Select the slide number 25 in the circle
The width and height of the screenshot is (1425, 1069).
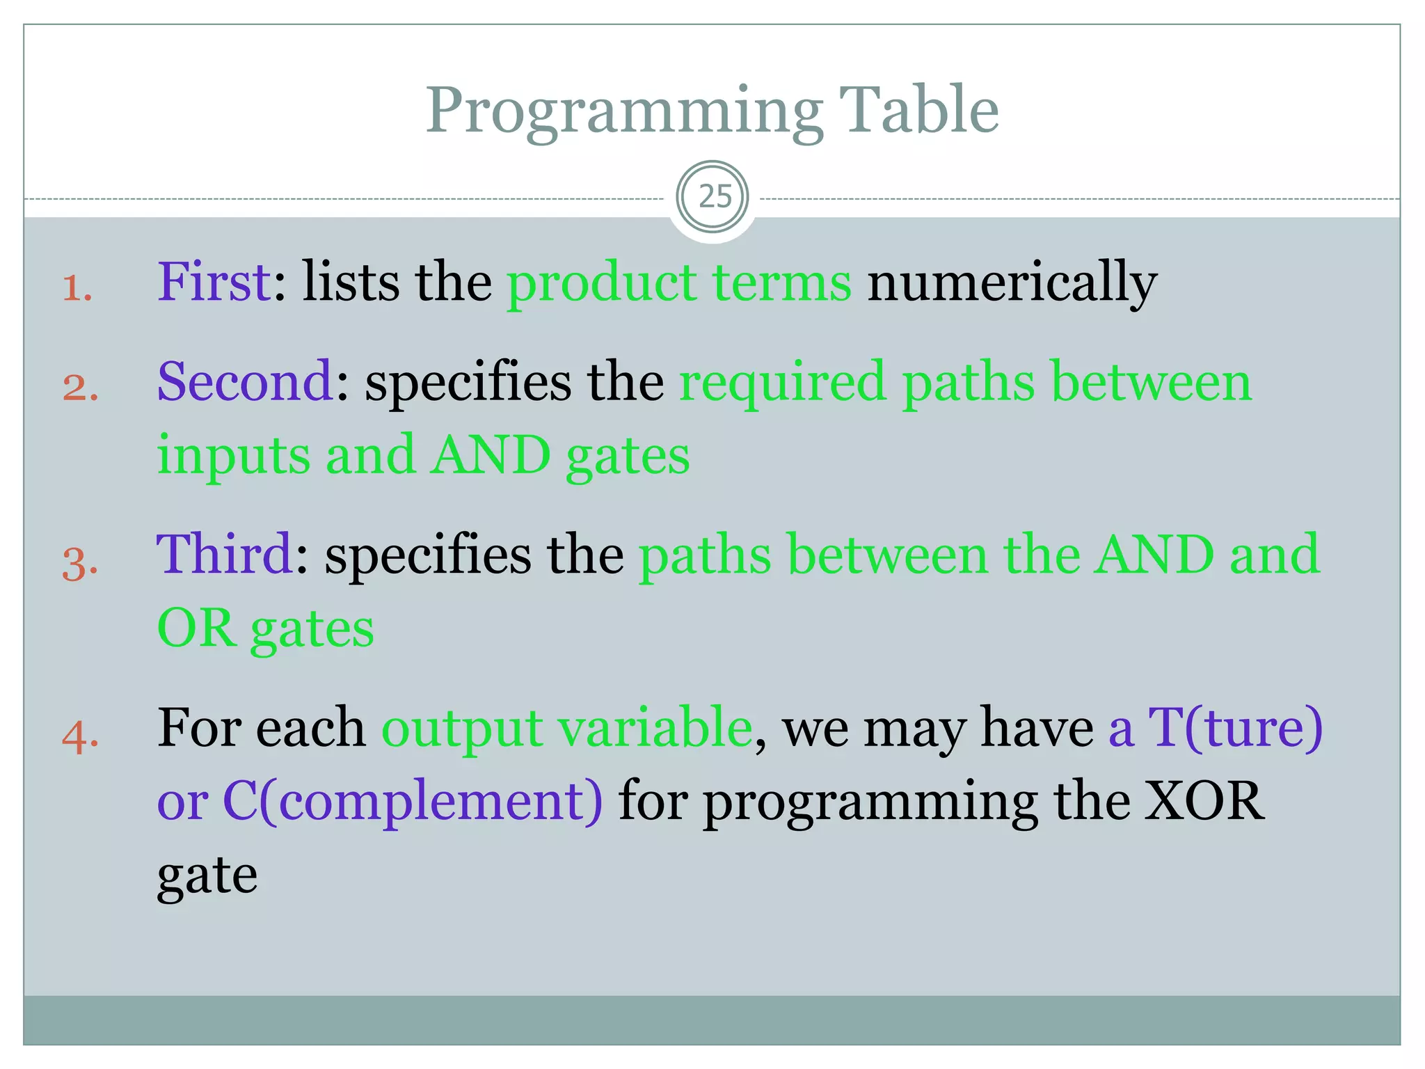point(714,197)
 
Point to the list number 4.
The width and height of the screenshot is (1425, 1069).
point(80,736)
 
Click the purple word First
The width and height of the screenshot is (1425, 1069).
point(214,282)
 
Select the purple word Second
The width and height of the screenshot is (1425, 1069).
point(245,382)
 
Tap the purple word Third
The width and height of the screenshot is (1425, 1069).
point(224,555)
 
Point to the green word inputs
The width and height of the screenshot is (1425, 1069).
point(233,456)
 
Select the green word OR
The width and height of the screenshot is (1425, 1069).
point(196,628)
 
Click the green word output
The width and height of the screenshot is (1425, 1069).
point(462,729)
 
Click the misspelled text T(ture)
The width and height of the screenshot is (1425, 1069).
point(1234,729)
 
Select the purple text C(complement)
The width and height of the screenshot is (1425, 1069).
point(412,802)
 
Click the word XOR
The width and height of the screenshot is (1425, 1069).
point(1204,801)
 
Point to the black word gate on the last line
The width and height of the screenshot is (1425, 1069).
point(207,877)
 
